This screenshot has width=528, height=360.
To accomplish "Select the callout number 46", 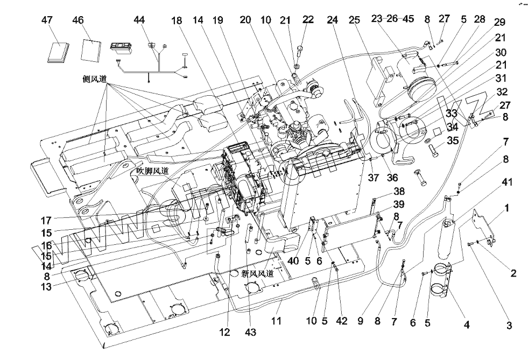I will pos(79,20).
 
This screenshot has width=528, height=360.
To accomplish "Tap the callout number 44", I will pos(139,20).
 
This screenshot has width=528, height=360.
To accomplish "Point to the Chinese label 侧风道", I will pos(95,79).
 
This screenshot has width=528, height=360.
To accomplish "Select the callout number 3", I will pos(509,326).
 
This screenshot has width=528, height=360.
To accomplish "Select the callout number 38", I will pos(399,191).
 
